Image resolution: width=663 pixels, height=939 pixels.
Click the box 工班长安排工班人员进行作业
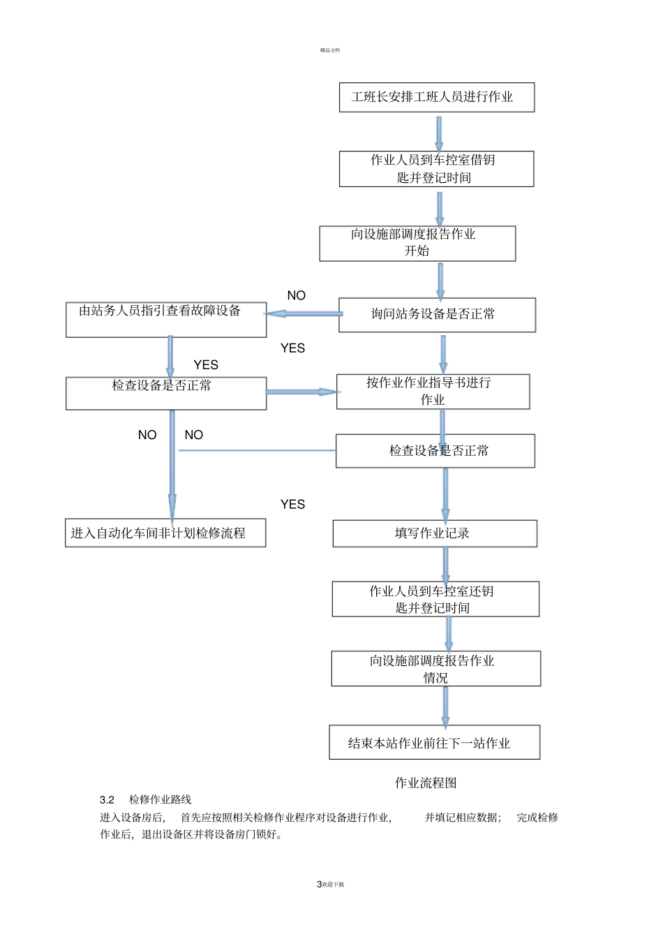(x=437, y=97)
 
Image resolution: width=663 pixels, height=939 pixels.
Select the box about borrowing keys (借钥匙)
(x=436, y=169)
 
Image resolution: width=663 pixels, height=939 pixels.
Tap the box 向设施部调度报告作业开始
(x=417, y=243)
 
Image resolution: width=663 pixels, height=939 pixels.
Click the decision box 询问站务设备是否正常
(x=437, y=315)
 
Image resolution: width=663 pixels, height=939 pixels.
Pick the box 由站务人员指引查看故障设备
(x=166, y=319)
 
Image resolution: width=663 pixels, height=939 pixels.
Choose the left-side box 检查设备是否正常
(x=166, y=393)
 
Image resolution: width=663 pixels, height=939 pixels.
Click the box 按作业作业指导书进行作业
(x=433, y=392)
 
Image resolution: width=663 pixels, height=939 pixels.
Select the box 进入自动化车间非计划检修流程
(x=165, y=533)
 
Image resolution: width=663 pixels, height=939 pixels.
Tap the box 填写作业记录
(x=435, y=533)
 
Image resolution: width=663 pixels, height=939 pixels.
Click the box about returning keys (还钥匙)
(x=435, y=599)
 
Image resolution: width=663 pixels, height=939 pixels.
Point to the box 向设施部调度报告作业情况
(x=435, y=668)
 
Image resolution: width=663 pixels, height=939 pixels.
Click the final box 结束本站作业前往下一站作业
(x=434, y=743)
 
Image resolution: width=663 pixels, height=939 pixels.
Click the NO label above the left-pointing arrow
(x=297, y=295)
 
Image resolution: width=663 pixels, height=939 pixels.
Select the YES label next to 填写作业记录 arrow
(x=292, y=504)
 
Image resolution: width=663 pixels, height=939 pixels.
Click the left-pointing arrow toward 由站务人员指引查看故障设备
(x=304, y=313)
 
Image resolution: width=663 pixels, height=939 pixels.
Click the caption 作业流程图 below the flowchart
(x=426, y=783)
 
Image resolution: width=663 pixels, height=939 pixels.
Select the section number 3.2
(x=107, y=799)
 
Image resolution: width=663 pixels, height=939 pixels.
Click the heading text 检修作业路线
(x=160, y=799)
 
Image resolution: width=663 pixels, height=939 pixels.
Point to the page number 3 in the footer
(x=319, y=884)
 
